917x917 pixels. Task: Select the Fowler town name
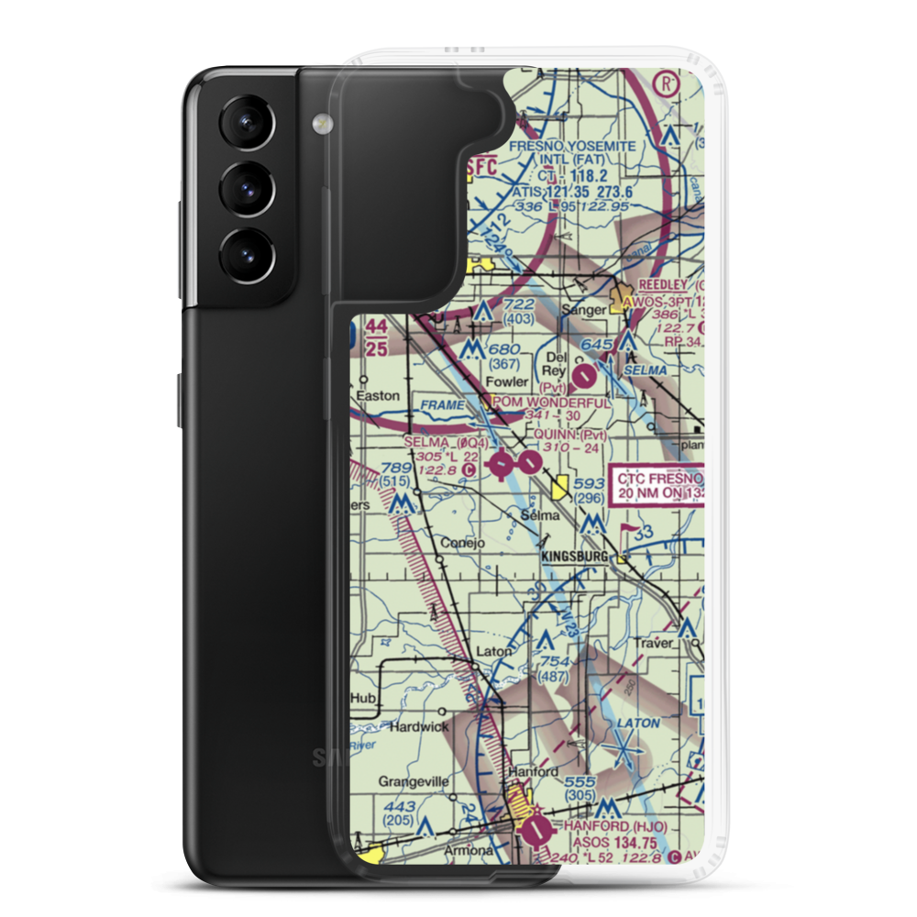click(508, 381)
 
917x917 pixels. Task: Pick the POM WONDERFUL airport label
click(550, 403)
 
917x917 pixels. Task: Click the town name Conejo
click(462, 542)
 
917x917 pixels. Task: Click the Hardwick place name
click(418, 726)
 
